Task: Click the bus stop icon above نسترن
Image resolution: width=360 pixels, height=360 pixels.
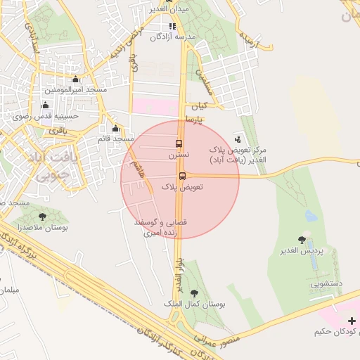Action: pyautogui.click(x=178, y=143)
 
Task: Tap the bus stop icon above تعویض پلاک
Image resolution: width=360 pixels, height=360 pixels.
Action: pyautogui.click(x=182, y=176)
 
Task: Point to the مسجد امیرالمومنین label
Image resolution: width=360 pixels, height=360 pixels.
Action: pyautogui.click(x=76, y=91)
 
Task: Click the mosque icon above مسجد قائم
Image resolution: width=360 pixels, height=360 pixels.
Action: pyautogui.click(x=116, y=128)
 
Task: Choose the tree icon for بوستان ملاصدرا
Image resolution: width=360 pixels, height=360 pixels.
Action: pyautogui.click(x=43, y=217)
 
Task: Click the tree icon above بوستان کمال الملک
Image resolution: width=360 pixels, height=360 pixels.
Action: pyautogui.click(x=195, y=293)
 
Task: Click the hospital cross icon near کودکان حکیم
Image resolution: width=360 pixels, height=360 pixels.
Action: pyautogui.click(x=352, y=321)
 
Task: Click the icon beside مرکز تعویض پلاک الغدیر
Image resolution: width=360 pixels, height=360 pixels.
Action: pyautogui.click(x=238, y=139)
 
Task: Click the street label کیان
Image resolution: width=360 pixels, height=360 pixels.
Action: pyautogui.click(x=201, y=106)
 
